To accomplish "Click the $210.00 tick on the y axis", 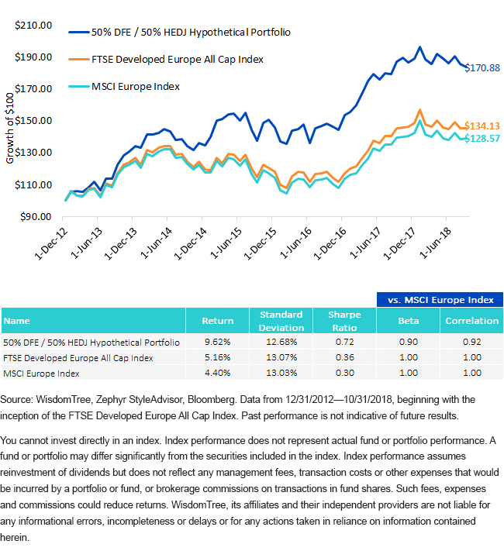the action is click(x=33, y=26).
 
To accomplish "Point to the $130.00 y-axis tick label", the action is click(x=33, y=152).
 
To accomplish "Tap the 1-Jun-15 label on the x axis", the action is click(x=226, y=243).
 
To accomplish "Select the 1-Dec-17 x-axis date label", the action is click(x=399, y=243).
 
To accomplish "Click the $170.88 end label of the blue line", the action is click(x=482, y=67).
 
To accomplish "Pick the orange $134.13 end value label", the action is click(x=482, y=126).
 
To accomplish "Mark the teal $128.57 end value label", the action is click(x=482, y=139).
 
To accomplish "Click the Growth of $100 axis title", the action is click(x=10, y=129).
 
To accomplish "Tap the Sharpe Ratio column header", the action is click(x=345, y=321).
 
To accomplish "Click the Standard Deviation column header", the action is click(x=281, y=321).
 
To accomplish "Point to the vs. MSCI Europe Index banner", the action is click(x=440, y=300).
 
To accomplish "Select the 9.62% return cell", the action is click(x=218, y=342).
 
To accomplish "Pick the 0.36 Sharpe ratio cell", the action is click(x=345, y=357).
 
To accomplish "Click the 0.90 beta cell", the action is click(x=409, y=342).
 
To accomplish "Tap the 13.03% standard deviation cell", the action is click(x=281, y=373).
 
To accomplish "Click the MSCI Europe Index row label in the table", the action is click(x=41, y=374).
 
